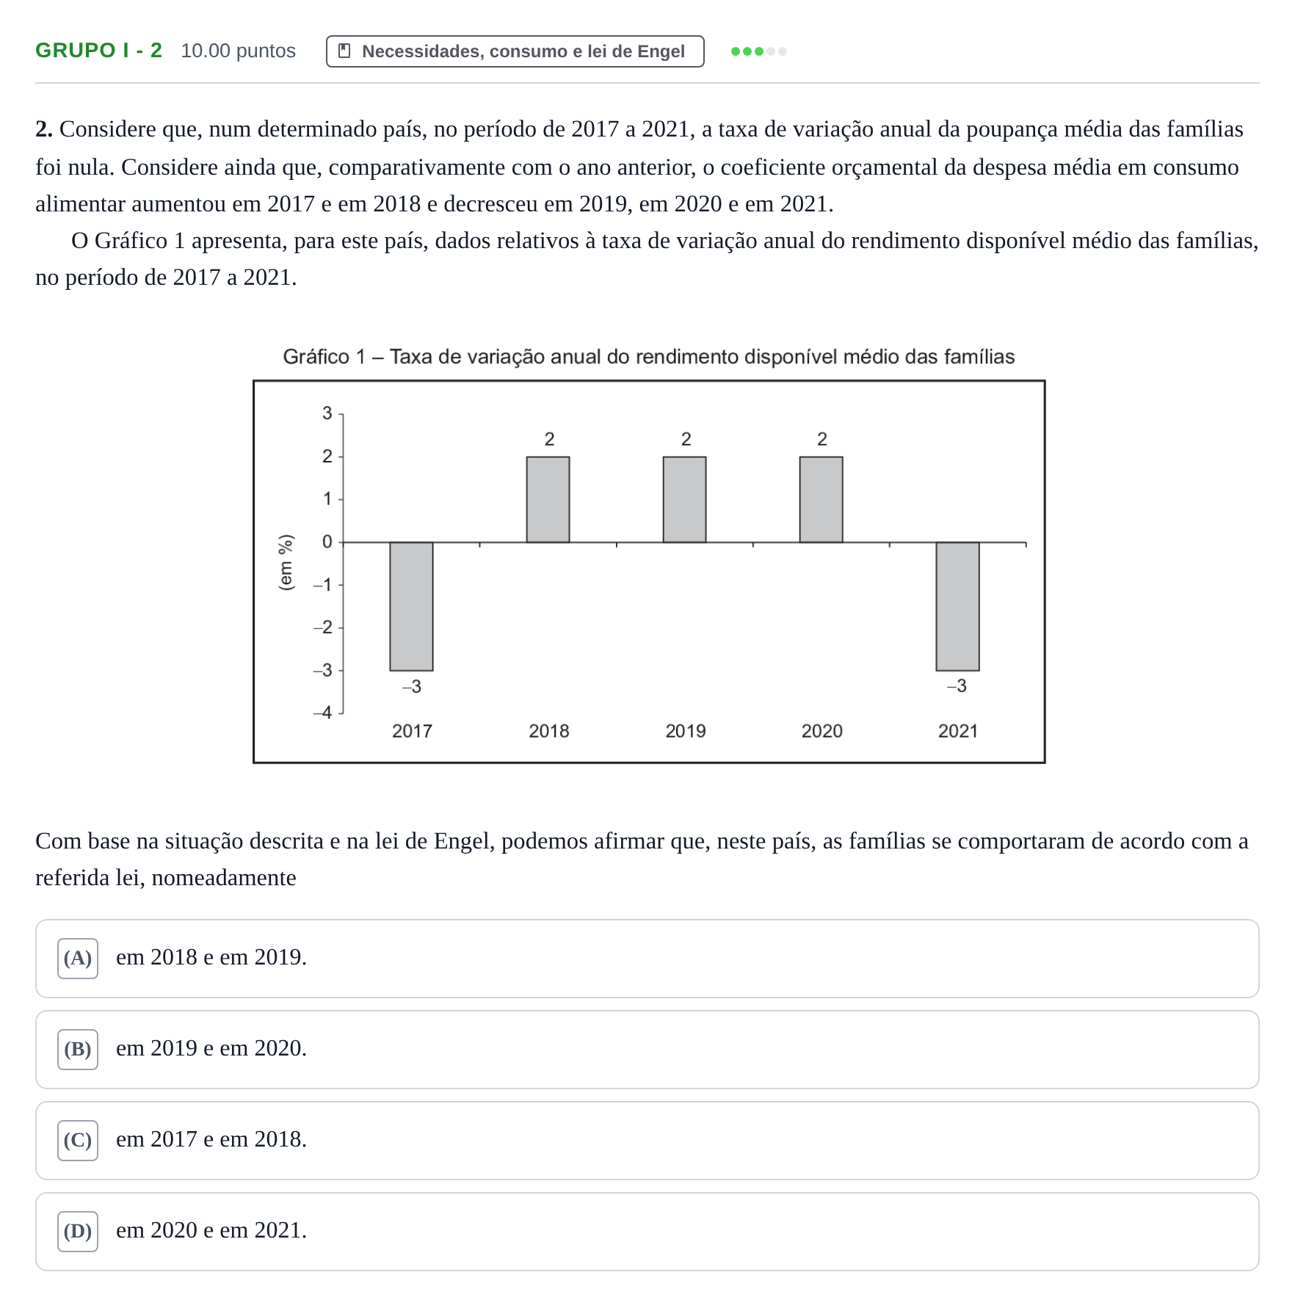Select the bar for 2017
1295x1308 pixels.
(x=411, y=606)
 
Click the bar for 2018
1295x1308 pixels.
(x=548, y=500)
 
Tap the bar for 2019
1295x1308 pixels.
(x=684, y=500)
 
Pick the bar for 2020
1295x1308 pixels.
(x=821, y=500)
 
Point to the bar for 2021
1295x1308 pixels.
(x=957, y=606)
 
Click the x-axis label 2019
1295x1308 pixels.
(x=685, y=731)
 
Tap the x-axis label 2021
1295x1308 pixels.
(x=958, y=731)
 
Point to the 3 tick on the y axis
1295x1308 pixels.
(x=327, y=413)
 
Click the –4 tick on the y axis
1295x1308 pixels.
(x=323, y=713)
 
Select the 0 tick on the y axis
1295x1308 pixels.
(x=327, y=542)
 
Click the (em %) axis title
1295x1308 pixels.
(x=286, y=562)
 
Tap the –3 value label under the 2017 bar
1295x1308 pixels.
(x=412, y=686)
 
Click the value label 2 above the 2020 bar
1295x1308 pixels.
(x=822, y=439)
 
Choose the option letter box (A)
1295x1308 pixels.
(x=78, y=959)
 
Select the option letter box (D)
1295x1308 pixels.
(x=78, y=1232)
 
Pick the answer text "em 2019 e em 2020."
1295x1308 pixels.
(x=211, y=1048)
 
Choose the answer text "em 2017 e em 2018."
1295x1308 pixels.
(x=211, y=1139)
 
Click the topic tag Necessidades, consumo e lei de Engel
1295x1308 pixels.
(x=515, y=51)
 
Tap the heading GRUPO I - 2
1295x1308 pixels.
(x=99, y=51)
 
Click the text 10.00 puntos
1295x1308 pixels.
(x=239, y=51)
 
